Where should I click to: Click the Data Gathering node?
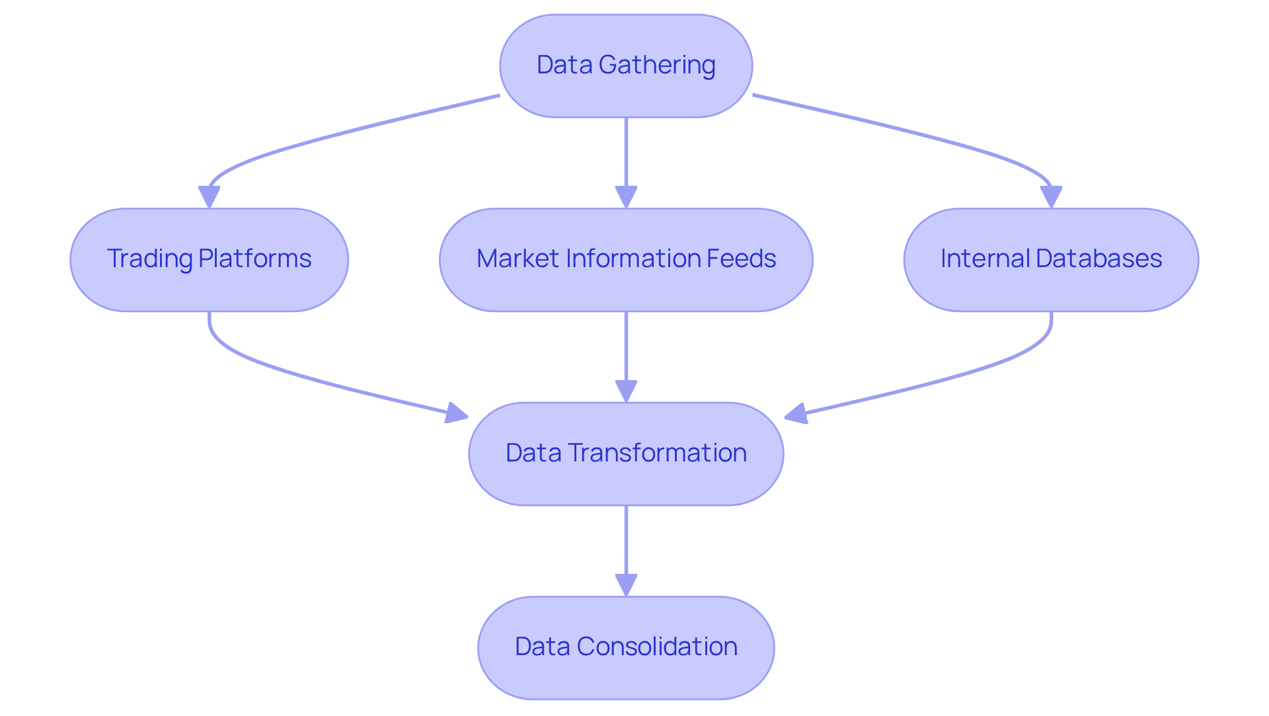pyautogui.click(x=626, y=66)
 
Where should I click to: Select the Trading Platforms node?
pyautogui.click(x=209, y=260)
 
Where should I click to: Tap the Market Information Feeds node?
pyautogui.click(x=626, y=260)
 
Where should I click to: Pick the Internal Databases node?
pyautogui.click(x=1051, y=260)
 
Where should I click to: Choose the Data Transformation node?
pyautogui.click(x=626, y=454)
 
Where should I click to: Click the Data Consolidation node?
pyautogui.click(x=626, y=648)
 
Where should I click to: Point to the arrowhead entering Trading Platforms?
pyautogui.click(x=209, y=197)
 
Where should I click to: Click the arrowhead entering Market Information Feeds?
pyautogui.click(x=626, y=197)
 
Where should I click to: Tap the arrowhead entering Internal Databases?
pyautogui.click(x=1051, y=197)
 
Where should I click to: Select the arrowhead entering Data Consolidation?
pyautogui.click(x=626, y=585)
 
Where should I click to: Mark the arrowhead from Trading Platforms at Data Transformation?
pyautogui.click(x=457, y=414)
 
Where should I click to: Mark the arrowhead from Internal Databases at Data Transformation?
pyautogui.click(x=796, y=414)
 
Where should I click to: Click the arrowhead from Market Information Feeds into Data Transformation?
pyautogui.click(x=626, y=391)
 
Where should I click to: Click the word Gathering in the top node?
pyautogui.click(x=657, y=65)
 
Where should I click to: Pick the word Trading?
pyautogui.click(x=149, y=259)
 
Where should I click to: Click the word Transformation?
pyautogui.click(x=657, y=453)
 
